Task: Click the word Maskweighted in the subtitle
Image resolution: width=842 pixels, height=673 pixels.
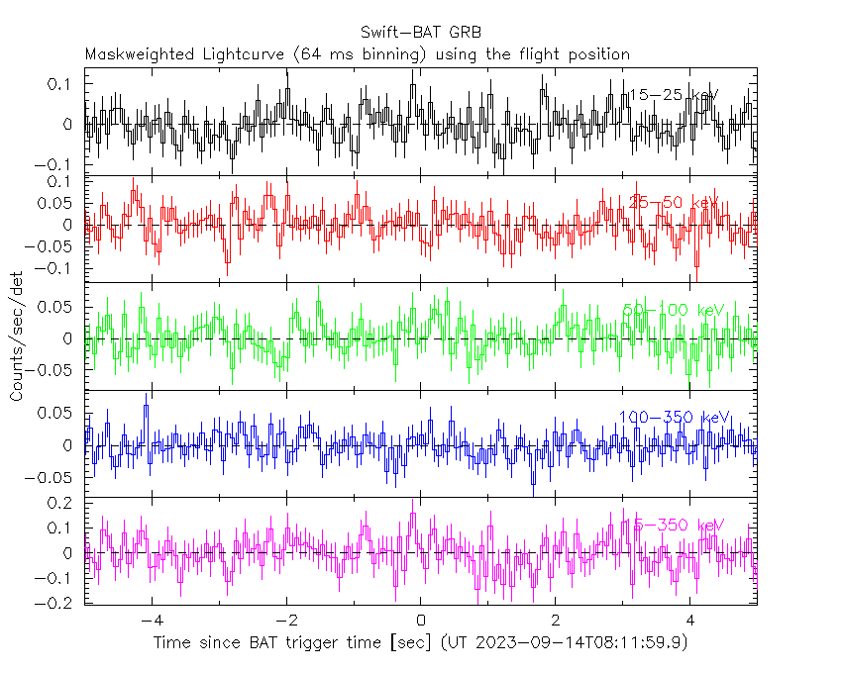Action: pos(134,53)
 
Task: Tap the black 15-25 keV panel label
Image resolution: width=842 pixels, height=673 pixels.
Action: pos(674,96)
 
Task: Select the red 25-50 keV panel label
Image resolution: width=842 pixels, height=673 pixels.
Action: pos(674,203)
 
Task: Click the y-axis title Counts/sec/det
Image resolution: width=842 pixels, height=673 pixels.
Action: pos(17,336)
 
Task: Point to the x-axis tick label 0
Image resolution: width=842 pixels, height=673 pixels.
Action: pos(421,622)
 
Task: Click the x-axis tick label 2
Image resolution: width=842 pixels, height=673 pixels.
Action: pos(556,622)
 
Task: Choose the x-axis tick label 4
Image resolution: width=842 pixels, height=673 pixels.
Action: pos(690,622)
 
